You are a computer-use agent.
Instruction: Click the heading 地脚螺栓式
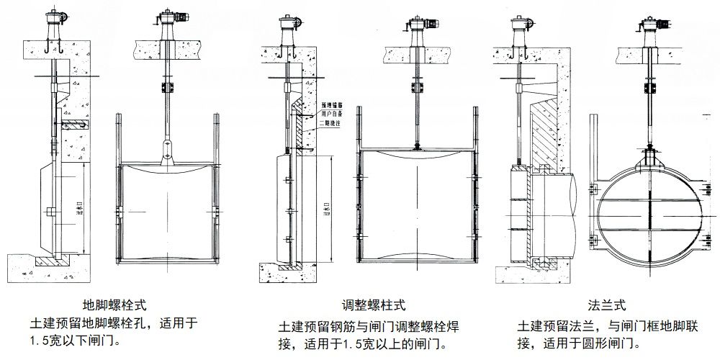point(120,305)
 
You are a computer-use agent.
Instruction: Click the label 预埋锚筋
point(328,104)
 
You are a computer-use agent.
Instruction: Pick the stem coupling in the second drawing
point(167,88)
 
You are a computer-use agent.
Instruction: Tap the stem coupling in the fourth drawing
point(417,88)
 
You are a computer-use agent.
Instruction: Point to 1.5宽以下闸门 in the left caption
point(72,339)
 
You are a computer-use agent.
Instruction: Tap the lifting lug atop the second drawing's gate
point(167,151)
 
